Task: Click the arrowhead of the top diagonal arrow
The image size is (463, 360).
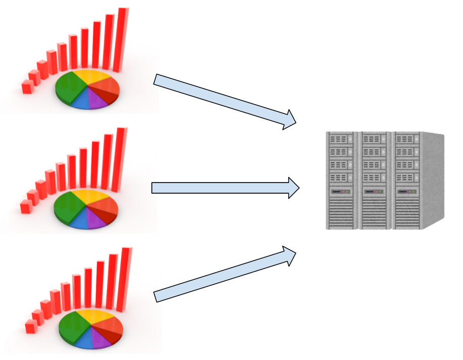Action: click(x=289, y=119)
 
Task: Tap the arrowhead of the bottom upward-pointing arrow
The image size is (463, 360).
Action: click(x=289, y=256)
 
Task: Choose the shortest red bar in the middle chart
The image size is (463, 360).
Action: click(x=25, y=206)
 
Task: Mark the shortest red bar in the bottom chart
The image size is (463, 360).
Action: click(x=30, y=327)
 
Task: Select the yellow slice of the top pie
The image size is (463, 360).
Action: click(x=94, y=78)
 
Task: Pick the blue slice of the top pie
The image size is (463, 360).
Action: click(x=80, y=101)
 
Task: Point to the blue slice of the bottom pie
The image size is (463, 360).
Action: click(x=83, y=340)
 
